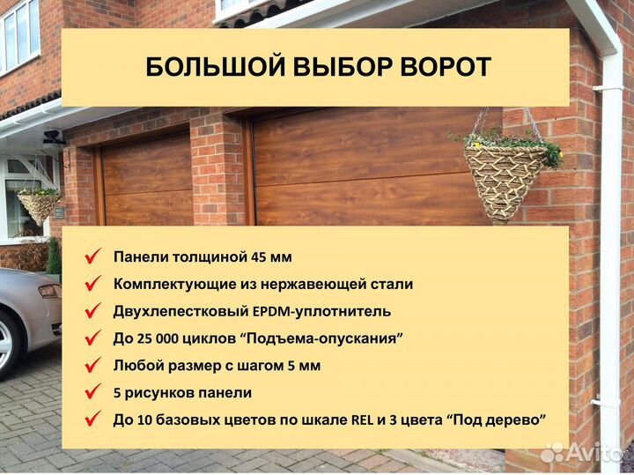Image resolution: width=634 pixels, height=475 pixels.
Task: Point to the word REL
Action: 363,419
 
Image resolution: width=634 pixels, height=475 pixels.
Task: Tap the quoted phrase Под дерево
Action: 497,419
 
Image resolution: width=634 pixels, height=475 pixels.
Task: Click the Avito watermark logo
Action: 582,453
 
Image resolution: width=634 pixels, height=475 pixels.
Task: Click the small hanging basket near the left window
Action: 39,205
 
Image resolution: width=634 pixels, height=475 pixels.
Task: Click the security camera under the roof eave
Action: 54,137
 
